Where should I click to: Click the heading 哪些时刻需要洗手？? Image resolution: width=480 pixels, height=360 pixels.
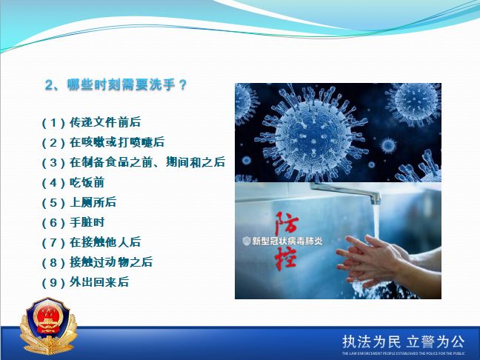click(116, 84)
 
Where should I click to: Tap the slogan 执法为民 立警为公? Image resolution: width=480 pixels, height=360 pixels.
click(403, 341)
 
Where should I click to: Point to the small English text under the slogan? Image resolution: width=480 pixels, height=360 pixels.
click(403, 353)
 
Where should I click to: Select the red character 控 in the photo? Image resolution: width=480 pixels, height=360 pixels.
click(286, 258)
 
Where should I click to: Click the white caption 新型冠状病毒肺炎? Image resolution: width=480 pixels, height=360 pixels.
click(287, 241)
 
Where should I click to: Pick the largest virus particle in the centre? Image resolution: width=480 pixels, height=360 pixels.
click(311, 134)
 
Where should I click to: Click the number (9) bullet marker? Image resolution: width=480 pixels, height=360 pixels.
click(53, 282)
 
